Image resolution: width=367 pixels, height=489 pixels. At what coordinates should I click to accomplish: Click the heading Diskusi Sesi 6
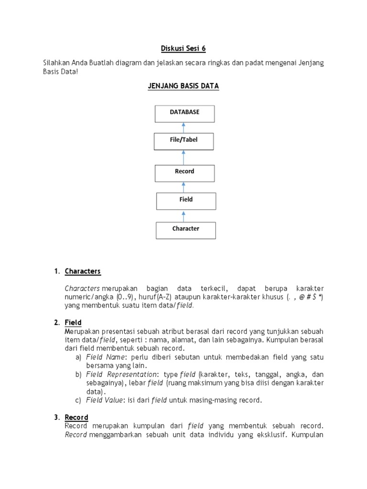[x=183, y=48]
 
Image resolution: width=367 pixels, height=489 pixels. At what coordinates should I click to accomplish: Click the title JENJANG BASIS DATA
[x=183, y=86]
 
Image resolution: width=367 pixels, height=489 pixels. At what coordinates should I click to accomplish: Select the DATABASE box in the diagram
[x=184, y=114]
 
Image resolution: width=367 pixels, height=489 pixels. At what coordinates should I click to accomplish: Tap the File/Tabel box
[x=183, y=141]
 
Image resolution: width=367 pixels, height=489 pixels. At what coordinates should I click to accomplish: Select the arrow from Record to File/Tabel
[x=184, y=157]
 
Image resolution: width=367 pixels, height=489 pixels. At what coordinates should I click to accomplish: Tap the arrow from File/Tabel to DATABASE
[x=184, y=128]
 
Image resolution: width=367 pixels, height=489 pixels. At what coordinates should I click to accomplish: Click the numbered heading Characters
[x=83, y=271]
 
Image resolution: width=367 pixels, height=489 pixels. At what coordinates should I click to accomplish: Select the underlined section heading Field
[x=73, y=322]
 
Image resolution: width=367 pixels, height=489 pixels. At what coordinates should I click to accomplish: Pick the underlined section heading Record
[x=76, y=417]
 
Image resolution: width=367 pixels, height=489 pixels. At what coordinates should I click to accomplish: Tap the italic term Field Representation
[x=121, y=374]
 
